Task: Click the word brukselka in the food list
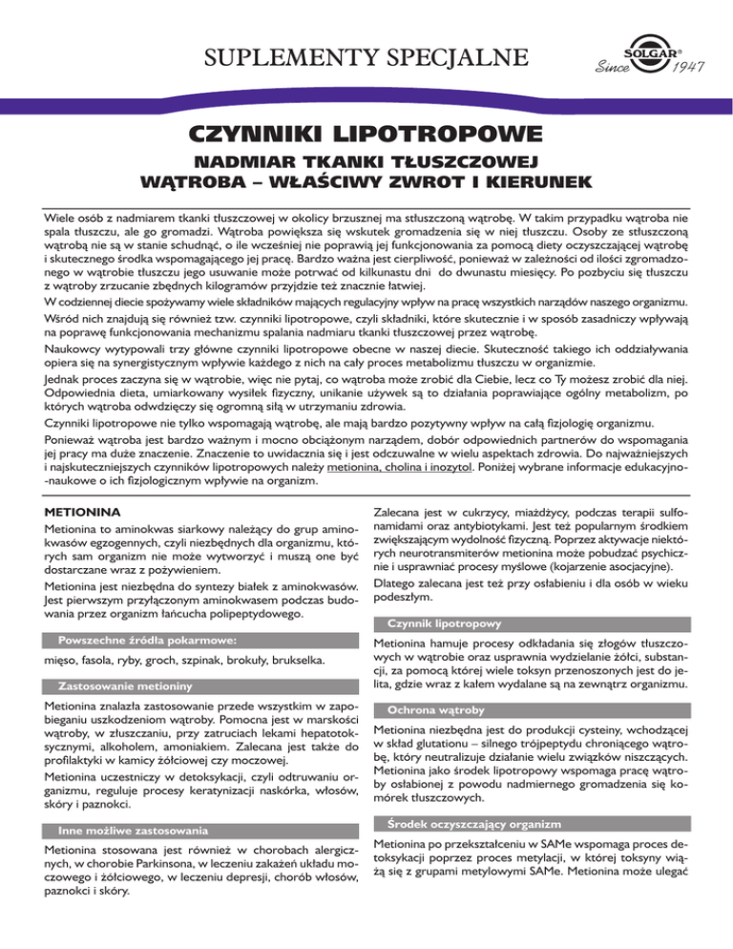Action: coord(298,635)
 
